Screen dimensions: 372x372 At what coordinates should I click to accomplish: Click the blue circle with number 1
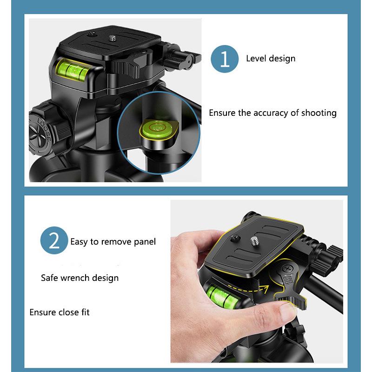[x=226, y=59]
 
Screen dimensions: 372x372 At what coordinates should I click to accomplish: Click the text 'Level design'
[x=271, y=58]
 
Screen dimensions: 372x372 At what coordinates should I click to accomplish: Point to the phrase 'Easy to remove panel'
[x=113, y=241]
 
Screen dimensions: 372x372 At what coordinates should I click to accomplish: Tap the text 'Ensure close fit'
[x=60, y=312]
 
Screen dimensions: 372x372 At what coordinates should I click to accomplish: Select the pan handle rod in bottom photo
[x=328, y=293]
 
